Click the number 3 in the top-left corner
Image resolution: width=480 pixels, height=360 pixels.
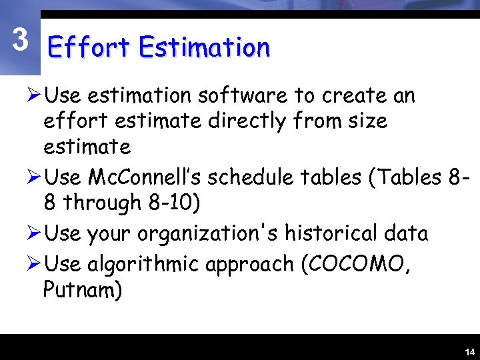[21, 41]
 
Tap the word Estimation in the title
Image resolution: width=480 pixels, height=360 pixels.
[204, 48]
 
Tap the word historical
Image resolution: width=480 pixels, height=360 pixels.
[343, 233]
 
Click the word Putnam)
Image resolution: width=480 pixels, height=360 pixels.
[83, 291]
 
